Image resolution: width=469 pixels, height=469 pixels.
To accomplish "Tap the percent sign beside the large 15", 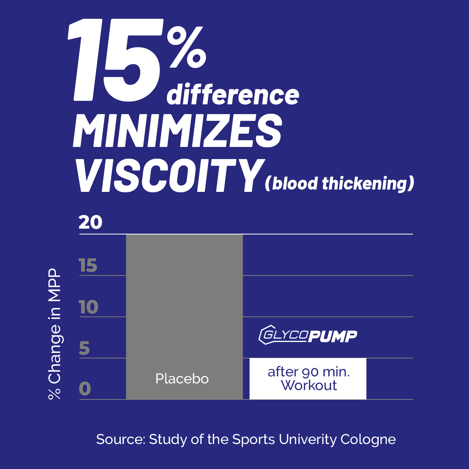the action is pyautogui.click(x=186, y=47).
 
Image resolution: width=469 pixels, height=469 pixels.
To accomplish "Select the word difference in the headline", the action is pyautogui.click(x=233, y=94).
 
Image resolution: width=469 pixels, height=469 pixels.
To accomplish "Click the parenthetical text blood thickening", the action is pyautogui.click(x=339, y=183).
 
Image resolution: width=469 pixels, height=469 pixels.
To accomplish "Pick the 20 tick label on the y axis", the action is pyautogui.click(x=90, y=222).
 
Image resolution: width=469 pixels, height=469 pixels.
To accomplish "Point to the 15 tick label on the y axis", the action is pyautogui.click(x=88, y=265).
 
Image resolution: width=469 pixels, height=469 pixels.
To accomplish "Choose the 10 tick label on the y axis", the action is pyautogui.click(x=89, y=307).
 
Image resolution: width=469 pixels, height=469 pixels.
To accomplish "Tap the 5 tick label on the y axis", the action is pyautogui.click(x=84, y=349).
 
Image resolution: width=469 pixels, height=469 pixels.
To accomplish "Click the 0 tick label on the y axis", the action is pyautogui.click(x=85, y=388).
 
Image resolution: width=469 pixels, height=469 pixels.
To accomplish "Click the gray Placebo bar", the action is pyautogui.click(x=184, y=317).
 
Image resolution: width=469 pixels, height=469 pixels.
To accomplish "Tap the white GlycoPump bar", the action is pyautogui.click(x=308, y=379).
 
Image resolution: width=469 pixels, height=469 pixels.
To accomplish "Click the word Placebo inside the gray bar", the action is pyautogui.click(x=182, y=379).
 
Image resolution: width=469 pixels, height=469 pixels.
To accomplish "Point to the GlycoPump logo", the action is pyautogui.click(x=308, y=335).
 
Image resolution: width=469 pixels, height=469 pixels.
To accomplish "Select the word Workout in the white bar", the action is pyautogui.click(x=309, y=385).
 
